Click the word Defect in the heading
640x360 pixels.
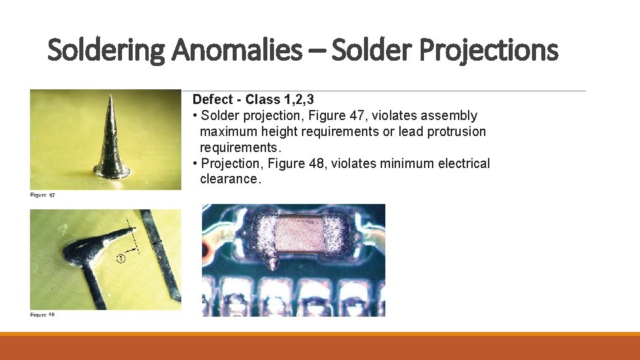tap(213, 99)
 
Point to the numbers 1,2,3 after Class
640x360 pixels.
tap(299, 99)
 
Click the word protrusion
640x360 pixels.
tap(457, 131)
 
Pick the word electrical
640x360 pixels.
tap(463, 163)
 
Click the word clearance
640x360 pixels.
tap(228, 179)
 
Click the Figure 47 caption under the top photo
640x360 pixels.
tap(43, 195)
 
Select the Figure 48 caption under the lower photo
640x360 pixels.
tap(42, 314)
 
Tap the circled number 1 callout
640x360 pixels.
tap(121, 259)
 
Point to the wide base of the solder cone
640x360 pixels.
tap(111, 172)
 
